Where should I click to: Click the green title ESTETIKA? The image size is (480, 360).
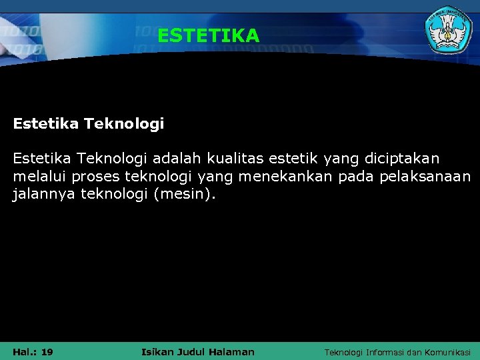click(208, 36)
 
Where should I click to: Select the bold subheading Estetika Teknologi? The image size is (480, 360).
click(89, 124)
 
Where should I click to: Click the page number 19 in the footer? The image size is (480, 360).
click(47, 352)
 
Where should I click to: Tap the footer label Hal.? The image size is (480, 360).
click(25, 352)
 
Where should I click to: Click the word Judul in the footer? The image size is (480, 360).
click(195, 352)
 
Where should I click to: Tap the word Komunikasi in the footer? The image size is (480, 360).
click(447, 352)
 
